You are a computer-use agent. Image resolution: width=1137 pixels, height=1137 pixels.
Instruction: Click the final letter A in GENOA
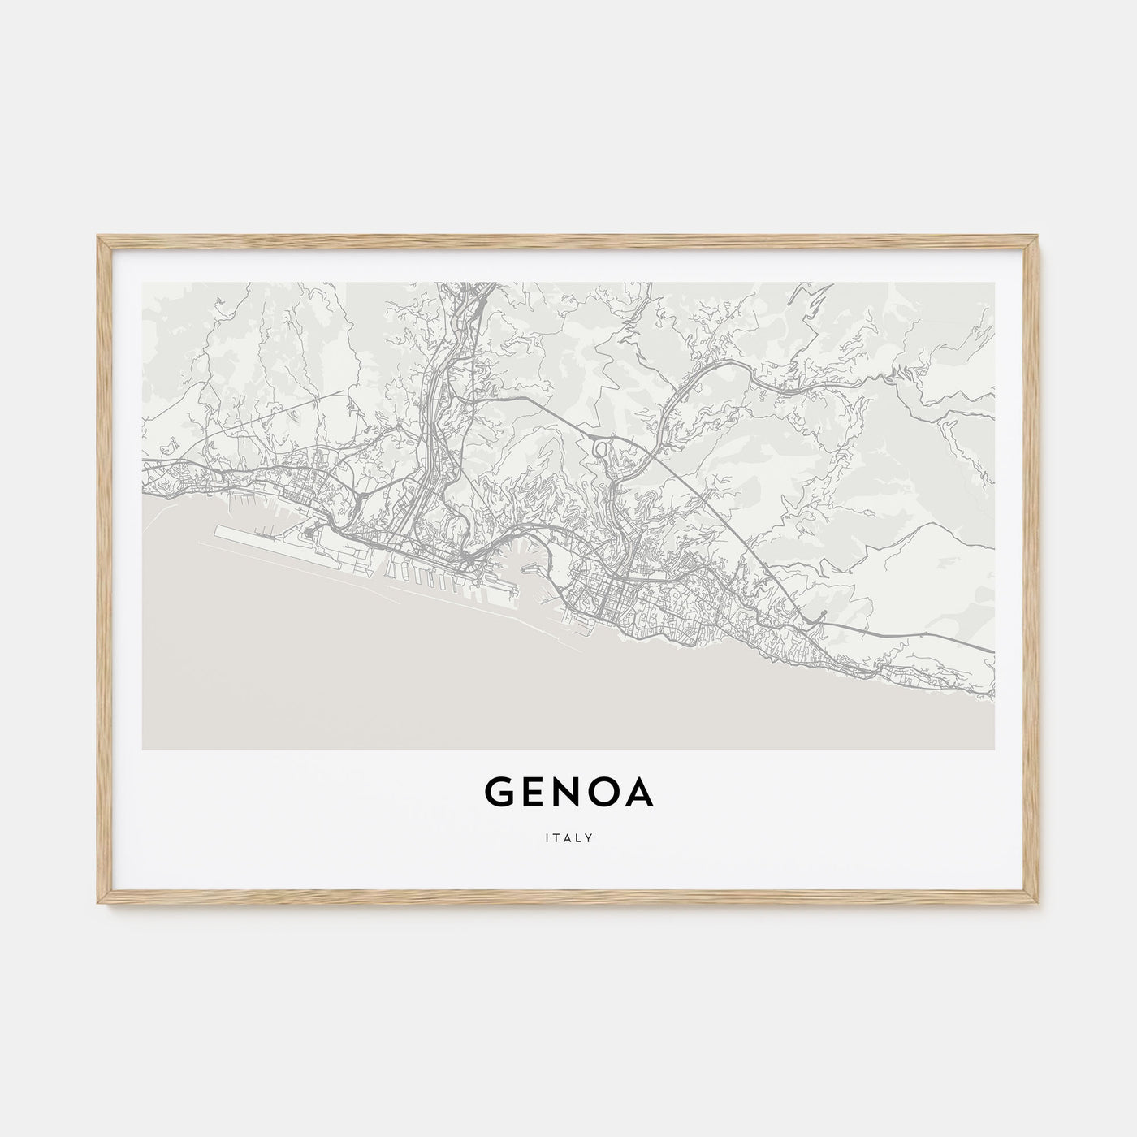coord(639,794)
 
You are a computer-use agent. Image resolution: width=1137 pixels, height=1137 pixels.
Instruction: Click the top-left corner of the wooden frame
coord(99,237)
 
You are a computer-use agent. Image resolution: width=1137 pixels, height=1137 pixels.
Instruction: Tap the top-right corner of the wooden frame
coord(1038,237)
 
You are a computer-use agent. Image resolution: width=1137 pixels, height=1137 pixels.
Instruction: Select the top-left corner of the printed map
coord(142,283)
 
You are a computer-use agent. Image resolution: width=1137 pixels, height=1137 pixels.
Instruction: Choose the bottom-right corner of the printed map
coord(994,749)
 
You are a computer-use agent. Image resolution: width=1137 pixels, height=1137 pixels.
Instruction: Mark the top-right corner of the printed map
coord(994,283)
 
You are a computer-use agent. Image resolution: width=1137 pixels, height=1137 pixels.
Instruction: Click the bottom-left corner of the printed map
coord(142,749)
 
